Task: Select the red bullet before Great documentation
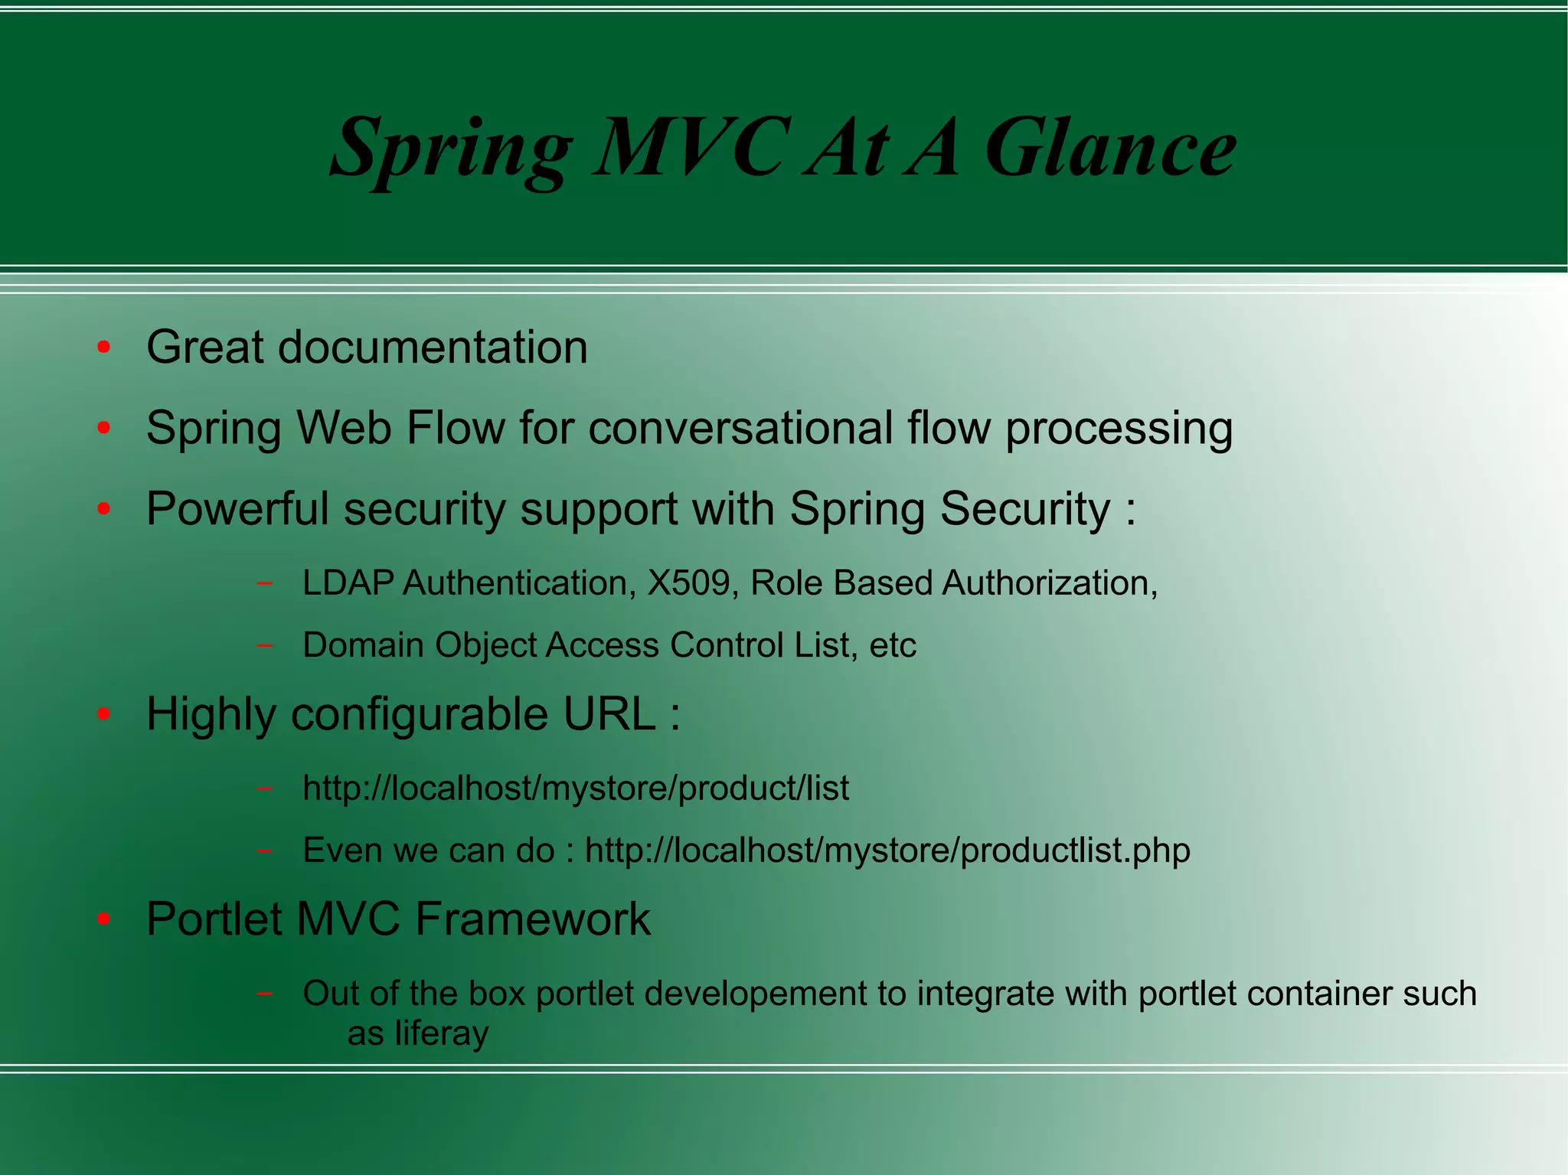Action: coord(104,348)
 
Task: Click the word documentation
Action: coord(433,348)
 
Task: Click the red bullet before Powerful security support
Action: coord(104,508)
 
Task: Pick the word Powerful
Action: coord(237,508)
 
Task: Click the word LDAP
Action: coord(348,583)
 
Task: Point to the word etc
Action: coord(893,645)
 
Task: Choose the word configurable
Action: coord(420,715)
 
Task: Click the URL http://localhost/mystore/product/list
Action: coord(576,788)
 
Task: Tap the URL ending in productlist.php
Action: coord(887,850)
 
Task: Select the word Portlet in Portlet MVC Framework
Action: coord(214,919)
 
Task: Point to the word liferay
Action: coord(441,1033)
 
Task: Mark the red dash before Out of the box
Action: coord(264,994)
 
